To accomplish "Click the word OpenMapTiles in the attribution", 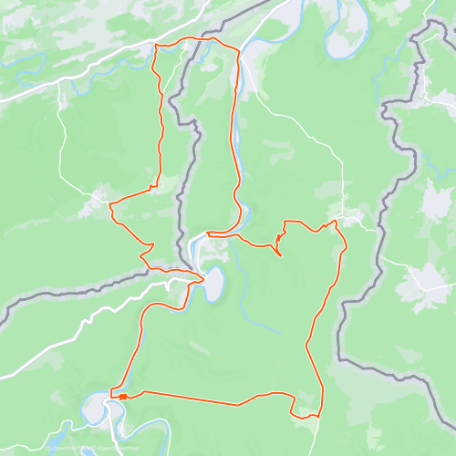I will click(x=66, y=449).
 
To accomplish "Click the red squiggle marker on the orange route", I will click(x=120, y=396).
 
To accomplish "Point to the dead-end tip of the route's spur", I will click(x=280, y=254).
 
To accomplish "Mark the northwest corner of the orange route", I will click(x=156, y=44).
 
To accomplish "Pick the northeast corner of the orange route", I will click(x=239, y=48).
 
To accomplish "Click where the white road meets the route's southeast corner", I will click(x=318, y=415).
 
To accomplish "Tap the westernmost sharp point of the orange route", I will click(x=110, y=207).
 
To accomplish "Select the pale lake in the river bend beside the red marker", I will click(x=97, y=408).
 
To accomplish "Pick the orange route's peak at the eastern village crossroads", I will click(x=335, y=220).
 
